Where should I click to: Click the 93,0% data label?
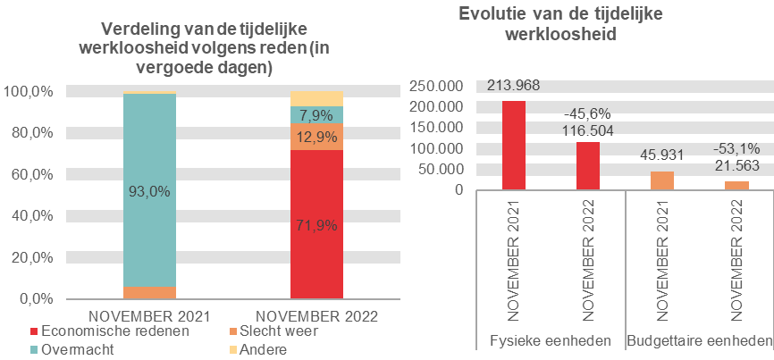point(150,191)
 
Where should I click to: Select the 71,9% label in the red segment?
point(316,225)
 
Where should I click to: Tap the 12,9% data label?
point(316,137)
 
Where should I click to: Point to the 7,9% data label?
point(316,114)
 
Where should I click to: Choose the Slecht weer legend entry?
point(278,331)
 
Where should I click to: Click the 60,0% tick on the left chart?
point(29,175)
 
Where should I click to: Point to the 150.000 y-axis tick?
point(437,128)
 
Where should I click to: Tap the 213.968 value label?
point(513,86)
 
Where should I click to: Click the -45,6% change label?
point(586,113)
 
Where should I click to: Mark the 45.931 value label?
point(662,155)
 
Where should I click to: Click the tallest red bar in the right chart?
point(513,145)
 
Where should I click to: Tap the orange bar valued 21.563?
point(737,185)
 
